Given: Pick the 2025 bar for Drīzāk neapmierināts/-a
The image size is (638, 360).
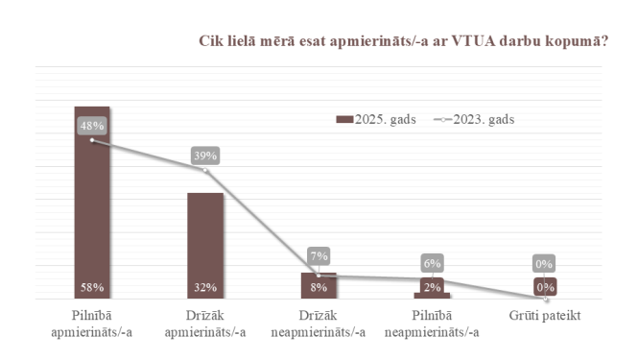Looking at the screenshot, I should click(319, 285).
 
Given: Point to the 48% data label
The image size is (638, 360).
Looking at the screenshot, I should click(92, 125).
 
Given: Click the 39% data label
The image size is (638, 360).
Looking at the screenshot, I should click(205, 155).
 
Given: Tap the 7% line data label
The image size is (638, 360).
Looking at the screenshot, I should click(319, 256).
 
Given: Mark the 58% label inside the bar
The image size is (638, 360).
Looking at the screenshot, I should click(92, 286).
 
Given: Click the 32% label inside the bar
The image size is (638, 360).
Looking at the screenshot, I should click(205, 286).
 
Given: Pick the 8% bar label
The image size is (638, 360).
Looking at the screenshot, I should click(319, 286).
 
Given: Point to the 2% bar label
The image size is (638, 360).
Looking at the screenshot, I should click(432, 286).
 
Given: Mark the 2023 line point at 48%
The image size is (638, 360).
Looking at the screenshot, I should click(92, 140).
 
